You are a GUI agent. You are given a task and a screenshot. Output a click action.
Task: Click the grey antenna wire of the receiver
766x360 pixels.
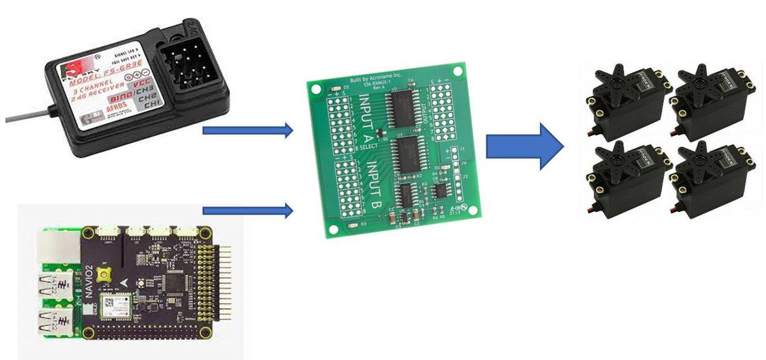click(26, 117)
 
